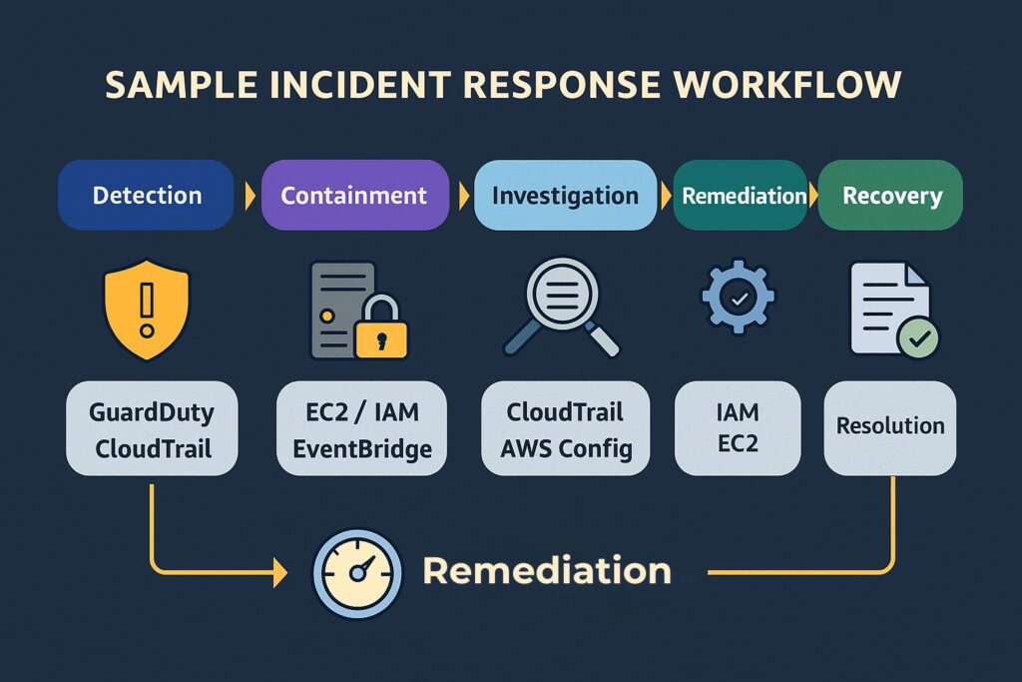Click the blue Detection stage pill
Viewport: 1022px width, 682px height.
tap(147, 196)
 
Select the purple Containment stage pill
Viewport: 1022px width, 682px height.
tap(354, 196)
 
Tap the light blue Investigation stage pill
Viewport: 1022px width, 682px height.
tap(565, 196)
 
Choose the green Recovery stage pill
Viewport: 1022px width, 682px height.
tap(891, 196)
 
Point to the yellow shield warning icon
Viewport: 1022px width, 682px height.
tap(147, 310)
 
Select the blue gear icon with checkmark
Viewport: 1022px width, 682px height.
tap(738, 297)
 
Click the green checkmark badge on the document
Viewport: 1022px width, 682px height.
tap(917, 339)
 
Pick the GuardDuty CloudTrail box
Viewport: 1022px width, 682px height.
tap(153, 429)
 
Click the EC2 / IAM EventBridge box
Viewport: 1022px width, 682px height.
tap(361, 429)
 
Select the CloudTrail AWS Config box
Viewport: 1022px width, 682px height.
tap(565, 429)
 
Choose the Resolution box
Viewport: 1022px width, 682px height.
tap(889, 426)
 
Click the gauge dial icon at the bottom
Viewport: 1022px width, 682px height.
tap(356, 573)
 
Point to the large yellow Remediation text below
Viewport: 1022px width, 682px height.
tap(547, 571)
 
